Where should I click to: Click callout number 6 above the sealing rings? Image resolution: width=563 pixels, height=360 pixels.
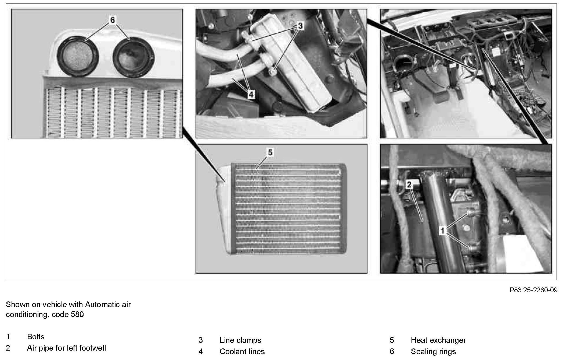[x=113, y=20]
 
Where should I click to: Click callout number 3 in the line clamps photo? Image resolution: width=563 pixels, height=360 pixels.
[x=300, y=26]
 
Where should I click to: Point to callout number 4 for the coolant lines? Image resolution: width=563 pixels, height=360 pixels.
[x=251, y=95]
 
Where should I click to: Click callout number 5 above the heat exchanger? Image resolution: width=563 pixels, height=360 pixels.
[x=270, y=152]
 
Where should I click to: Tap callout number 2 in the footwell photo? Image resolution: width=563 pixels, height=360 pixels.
[x=409, y=185]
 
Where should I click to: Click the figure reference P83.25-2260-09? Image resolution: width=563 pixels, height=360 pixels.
[x=533, y=290]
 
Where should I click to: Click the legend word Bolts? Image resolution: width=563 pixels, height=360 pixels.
[x=36, y=337]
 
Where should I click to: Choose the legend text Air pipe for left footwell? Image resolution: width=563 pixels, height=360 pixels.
[x=66, y=348]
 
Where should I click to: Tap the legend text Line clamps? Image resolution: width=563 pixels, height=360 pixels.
[x=240, y=340]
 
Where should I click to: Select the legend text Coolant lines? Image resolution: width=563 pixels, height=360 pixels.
[x=242, y=351]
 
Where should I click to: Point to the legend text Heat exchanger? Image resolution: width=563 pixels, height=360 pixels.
[x=438, y=340]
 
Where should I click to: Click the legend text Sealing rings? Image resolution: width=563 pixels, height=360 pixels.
[x=433, y=351]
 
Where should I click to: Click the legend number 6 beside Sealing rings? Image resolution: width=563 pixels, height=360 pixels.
[x=392, y=351]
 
